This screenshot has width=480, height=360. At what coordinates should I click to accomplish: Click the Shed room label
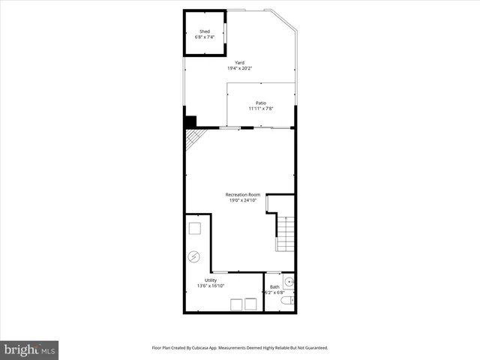[205, 31]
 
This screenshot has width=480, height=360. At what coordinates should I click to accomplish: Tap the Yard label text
[240, 62]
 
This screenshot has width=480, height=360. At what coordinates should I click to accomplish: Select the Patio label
[261, 103]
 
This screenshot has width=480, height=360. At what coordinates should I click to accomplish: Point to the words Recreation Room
[243, 195]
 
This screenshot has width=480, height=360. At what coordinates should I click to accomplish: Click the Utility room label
[211, 280]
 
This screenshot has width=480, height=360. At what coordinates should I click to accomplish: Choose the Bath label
[274, 286]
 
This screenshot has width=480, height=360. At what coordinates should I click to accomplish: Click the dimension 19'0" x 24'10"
[243, 201]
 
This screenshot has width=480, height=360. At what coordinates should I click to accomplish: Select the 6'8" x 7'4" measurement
[205, 37]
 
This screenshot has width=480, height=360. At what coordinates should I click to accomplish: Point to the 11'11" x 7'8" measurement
[261, 109]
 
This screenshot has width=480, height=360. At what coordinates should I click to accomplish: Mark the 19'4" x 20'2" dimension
[240, 68]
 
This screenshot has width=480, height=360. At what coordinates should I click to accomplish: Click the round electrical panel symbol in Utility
[194, 256]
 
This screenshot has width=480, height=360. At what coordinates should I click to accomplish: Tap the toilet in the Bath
[286, 301]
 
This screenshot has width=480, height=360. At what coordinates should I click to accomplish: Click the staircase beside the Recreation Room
[285, 233]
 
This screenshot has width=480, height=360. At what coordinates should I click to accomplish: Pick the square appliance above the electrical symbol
[194, 228]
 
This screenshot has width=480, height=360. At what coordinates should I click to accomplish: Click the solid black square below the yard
[190, 121]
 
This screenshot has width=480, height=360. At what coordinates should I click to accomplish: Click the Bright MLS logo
[29, 349]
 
